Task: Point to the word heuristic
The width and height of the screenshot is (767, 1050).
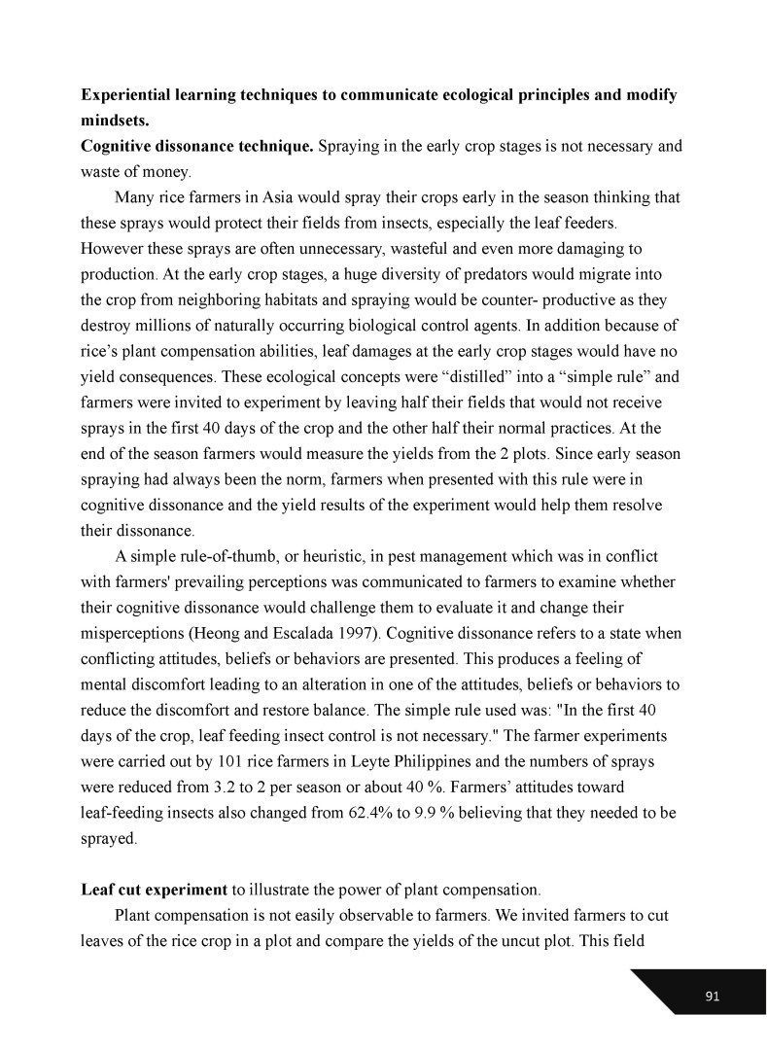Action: [345, 556]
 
